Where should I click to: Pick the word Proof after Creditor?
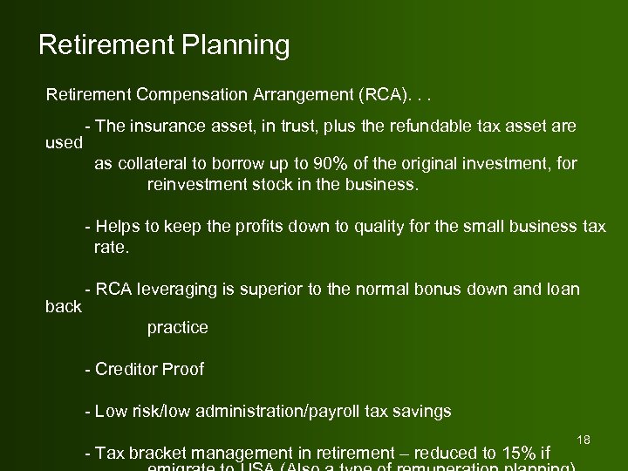click(x=183, y=369)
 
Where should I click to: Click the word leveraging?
click(x=175, y=290)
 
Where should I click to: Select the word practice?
click(x=178, y=328)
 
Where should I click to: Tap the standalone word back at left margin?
click(x=63, y=306)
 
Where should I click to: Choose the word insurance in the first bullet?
click(x=169, y=126)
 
